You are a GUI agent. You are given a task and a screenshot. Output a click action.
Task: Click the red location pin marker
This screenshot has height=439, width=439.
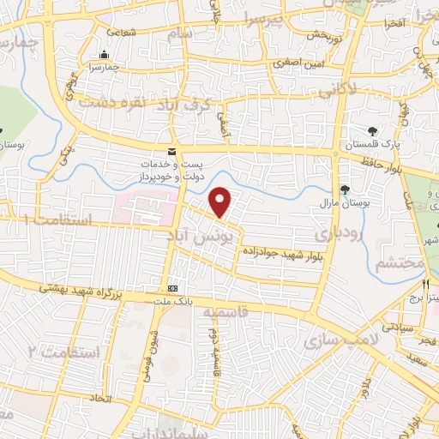[222, 201]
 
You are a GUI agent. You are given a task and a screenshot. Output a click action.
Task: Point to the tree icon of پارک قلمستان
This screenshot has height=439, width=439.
[373, 130]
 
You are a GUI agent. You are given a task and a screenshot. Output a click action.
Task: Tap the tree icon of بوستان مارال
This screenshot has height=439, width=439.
[345, 189]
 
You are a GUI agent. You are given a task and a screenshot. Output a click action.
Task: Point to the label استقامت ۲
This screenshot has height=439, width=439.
[64, 352]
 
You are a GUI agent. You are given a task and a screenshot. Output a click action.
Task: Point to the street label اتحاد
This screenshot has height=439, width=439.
[102, 399]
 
